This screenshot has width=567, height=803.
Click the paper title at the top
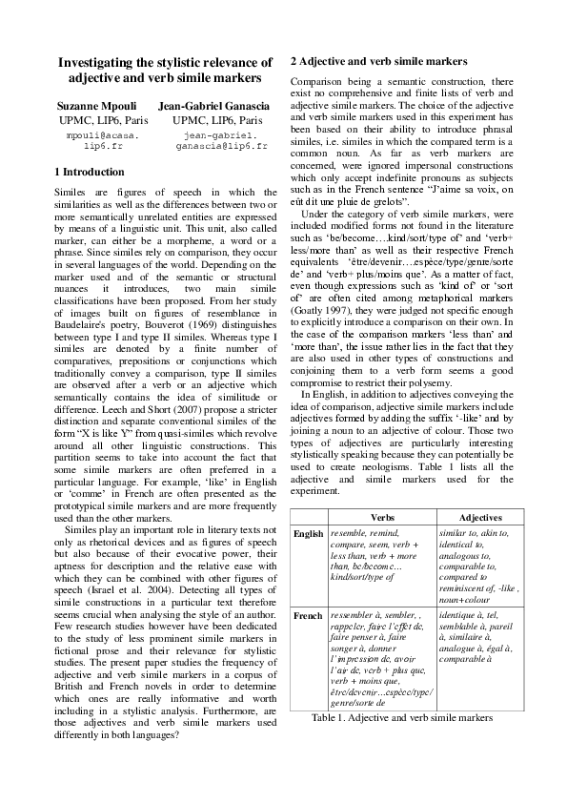point(159,69)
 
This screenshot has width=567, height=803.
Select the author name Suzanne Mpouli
point(96,105)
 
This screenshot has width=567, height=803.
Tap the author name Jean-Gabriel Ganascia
point(214,105)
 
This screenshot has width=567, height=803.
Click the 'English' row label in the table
point(308,534)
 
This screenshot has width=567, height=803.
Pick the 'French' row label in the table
point(307,616)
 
